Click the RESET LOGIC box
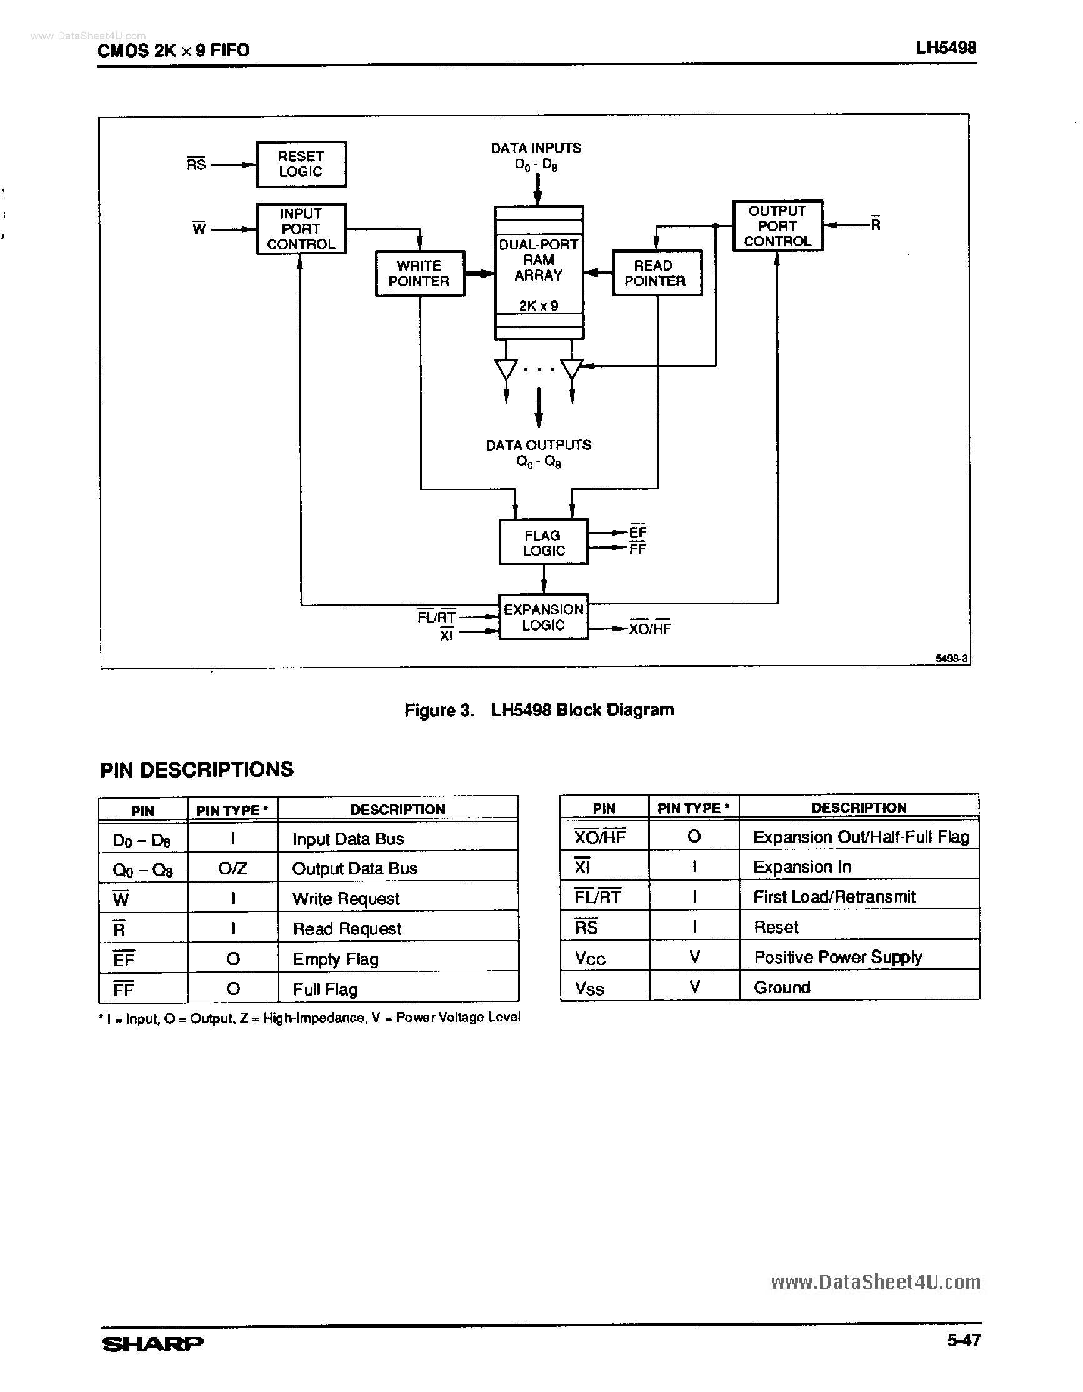click(301, 164)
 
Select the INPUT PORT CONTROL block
click(301, 229)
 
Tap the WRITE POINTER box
click(419, 273)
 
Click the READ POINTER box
click(657, 273)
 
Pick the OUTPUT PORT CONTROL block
click(777, 226)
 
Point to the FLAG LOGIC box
click(543, 543)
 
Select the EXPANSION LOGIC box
click(543, 617)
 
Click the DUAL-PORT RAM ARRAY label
click(538, 260)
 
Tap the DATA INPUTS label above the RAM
click(536, 148)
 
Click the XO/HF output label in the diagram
click(649, 628)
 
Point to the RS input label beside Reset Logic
click(196, 164)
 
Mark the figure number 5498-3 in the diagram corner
click(952, 658)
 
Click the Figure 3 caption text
click(539, 710)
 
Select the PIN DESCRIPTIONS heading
click(197, 770)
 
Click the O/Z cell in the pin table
click(232, 868)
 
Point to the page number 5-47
click(963, 1340)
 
